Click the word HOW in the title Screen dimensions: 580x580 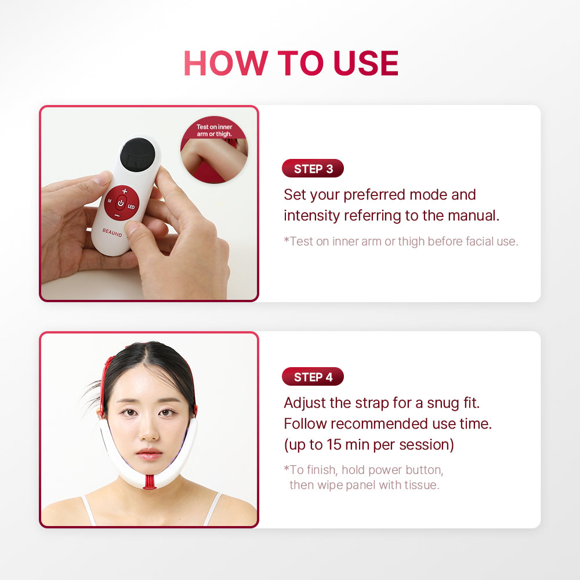pyautogui.click(x=226, y=63)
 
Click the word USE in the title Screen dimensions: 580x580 pyautogui.click(x=366, y=63)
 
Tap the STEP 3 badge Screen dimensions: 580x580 pyautogui.click(x=313, y=169)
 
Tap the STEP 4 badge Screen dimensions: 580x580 pyautogui.click(x=313, y=377)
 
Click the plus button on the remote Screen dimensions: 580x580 pyautogui.click(x=125, y=191)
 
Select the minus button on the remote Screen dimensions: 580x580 pyautogui.click(x=117, y=215)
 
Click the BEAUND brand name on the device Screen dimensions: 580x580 pyautogui.click(x=112, y=233)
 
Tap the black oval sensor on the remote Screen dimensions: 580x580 pyautogui.click(x=137, y=153)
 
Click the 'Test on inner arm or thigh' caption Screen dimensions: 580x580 pyautogui.click(x=214, y=130)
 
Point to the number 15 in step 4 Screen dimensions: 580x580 pyautogui.click(x=333, y=445)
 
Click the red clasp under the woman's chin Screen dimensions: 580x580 pyautogui.click(x=150, y=483)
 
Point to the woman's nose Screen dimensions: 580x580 pyautogui.click(x=148, y=429)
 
